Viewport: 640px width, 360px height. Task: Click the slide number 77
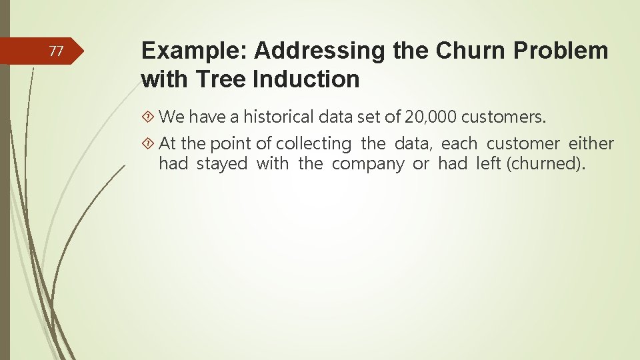(57, 51)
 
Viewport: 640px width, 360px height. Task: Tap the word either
(591, 143)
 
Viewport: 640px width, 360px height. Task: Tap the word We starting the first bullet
(172, 117)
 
